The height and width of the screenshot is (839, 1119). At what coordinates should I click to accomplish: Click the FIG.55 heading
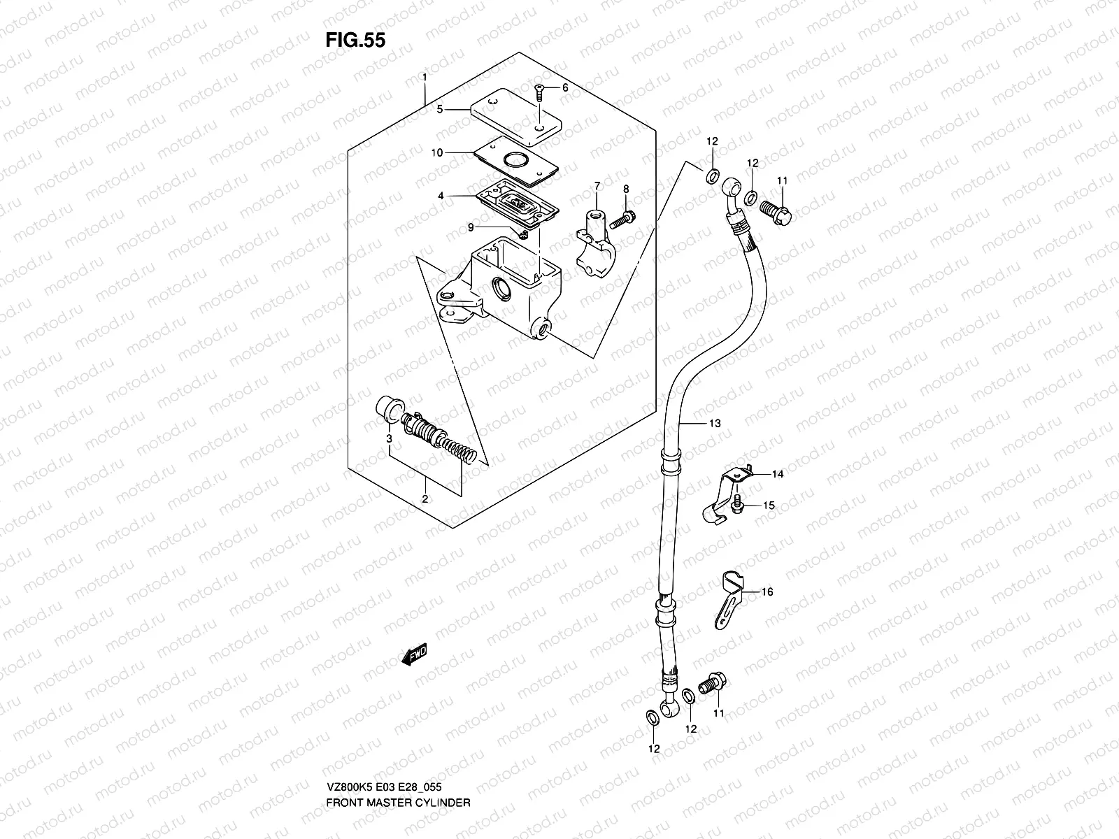[355, 40]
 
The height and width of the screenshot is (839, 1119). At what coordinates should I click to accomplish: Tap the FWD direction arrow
[414, 654]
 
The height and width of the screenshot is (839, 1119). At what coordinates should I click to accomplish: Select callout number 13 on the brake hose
[714, 424]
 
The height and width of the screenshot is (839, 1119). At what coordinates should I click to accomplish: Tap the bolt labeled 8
[622, 220]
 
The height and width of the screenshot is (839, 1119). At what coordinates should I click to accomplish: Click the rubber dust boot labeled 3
[387, 408]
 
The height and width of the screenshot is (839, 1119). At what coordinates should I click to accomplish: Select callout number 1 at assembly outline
[425, 76]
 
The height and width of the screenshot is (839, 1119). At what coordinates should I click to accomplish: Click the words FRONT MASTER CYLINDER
[398, 763]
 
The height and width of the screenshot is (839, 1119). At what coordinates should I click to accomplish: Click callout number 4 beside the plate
[441, 197]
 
